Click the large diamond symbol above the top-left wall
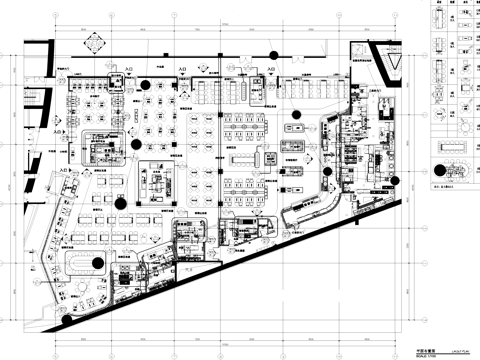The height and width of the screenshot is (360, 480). pyautogui.click(x=95, y=43)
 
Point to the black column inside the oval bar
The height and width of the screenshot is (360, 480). pyautogui.click(x=99, y=263)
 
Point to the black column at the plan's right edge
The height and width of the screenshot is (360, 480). pyautogui.click(x=396, y=180)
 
